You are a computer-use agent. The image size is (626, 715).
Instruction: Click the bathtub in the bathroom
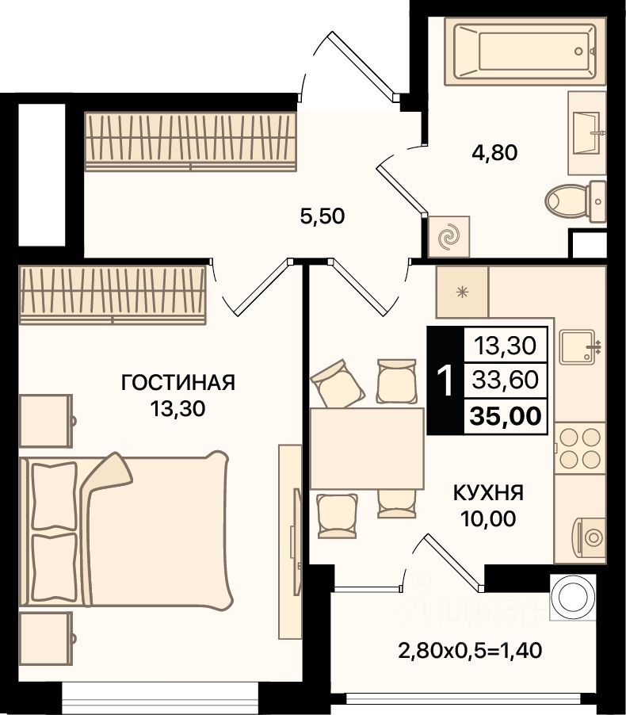coord(525,51)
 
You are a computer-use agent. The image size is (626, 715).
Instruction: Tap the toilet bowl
coord(576,201)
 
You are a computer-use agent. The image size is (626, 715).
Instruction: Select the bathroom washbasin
coord(587,133)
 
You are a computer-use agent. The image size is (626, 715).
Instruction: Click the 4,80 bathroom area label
coord(494,152)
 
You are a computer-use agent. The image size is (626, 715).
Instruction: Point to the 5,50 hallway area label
coord(323,216)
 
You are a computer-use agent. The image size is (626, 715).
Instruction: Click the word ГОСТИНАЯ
coord(178,383)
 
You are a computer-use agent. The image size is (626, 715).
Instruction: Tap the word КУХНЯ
coord(488,493)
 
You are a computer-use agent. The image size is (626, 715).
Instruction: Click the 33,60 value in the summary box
coord(506,380)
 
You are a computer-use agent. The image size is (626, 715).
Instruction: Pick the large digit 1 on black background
coord(445,380)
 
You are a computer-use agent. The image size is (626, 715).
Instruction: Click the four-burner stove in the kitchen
coord(580,448)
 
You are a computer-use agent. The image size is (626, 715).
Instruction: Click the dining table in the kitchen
coord(367,449)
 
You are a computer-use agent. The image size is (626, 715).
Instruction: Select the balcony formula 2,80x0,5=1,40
coord(470,650)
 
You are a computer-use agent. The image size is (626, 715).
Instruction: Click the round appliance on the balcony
coord(573,597)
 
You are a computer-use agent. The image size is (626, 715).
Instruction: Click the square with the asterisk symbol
coord(462,292)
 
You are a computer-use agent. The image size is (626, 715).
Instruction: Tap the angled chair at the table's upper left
coord(338,384)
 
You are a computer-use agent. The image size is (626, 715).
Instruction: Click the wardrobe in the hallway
coord(191,141)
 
